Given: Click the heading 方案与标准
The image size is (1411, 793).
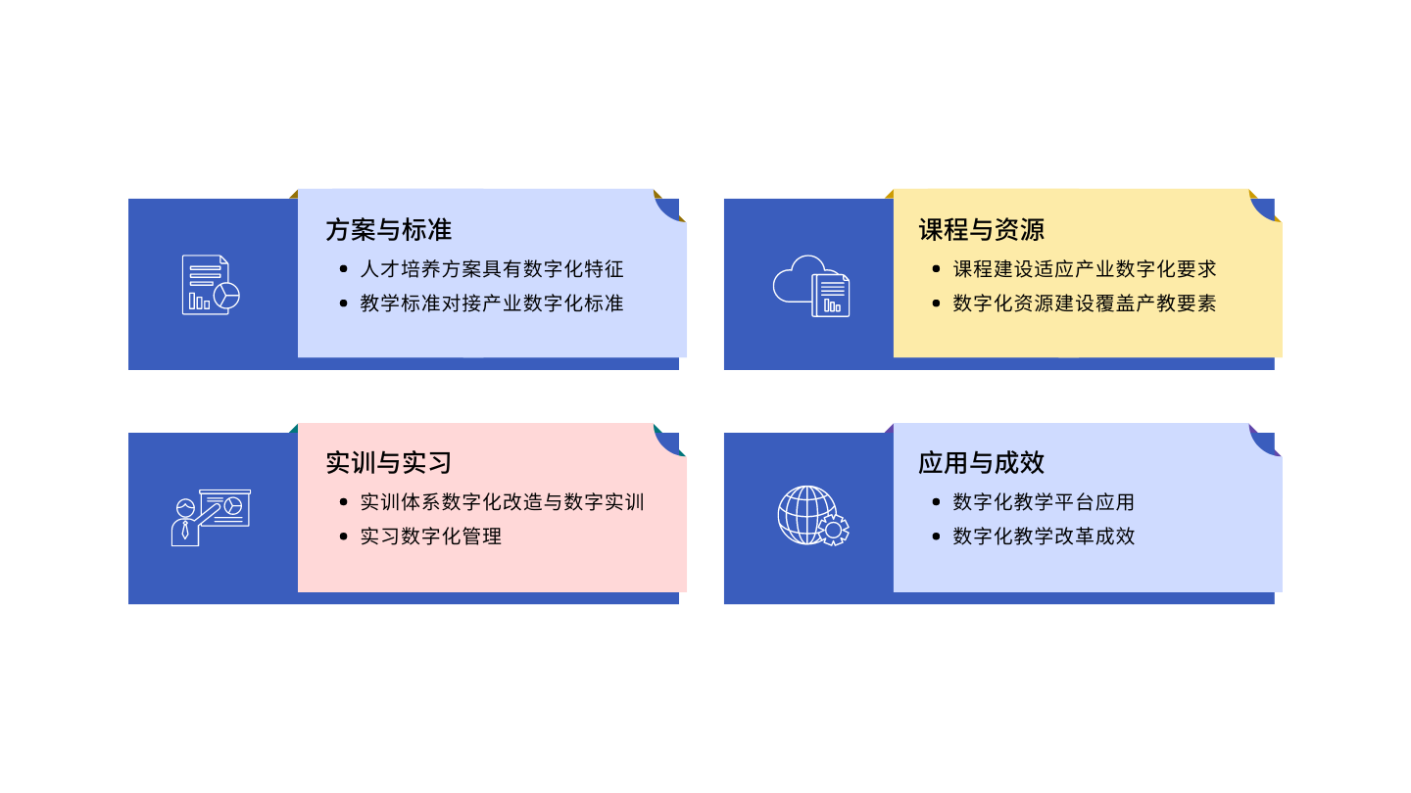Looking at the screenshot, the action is coord(389,230).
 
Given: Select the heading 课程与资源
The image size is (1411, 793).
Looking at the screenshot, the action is coord(982,230).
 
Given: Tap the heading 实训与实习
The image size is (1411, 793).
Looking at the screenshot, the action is coord(389,462).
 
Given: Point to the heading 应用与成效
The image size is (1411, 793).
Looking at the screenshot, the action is coord(982,462).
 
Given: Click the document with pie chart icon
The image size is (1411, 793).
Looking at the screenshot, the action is coord(211,285).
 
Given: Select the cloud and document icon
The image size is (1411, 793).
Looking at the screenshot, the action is coord(811,286).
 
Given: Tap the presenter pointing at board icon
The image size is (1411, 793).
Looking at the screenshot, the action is coord(211,517).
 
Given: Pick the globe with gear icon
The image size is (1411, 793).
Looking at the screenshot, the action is coord(813,515).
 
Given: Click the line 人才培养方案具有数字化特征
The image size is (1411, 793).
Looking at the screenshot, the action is coord(492,269).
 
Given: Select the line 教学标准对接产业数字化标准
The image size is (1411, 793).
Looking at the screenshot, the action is coord(492,303).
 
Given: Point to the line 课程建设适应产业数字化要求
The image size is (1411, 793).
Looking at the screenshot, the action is coord(1085,269).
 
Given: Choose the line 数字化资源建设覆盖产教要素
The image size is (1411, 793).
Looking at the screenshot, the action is coord(1085,303).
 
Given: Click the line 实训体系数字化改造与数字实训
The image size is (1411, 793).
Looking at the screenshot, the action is coord(502,502).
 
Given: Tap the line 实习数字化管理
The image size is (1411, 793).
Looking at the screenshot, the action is coord(431,536).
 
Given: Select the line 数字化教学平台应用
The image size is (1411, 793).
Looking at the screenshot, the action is coord(1044,502).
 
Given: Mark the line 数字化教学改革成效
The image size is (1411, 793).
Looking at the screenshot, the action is coord(1044,536).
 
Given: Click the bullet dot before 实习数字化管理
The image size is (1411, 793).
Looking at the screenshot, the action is coord(343,536).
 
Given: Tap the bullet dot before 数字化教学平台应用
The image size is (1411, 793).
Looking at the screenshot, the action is coord(936,502).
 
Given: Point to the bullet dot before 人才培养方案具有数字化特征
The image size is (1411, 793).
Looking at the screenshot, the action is coord(343,269).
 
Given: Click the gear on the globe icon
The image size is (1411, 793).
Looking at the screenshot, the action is coord(833,530).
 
